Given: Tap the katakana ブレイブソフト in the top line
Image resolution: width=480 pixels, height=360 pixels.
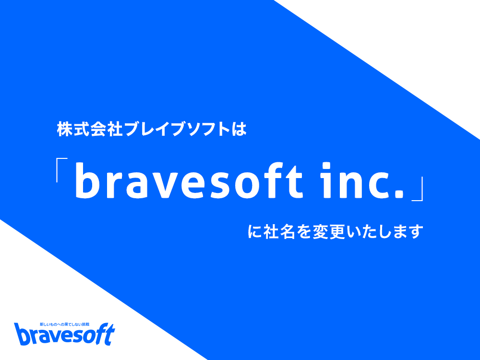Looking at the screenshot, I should pos(177,130).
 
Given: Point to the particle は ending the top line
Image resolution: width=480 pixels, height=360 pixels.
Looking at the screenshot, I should pos(239,130).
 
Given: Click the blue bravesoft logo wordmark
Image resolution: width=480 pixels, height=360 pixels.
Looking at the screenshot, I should pos(65,334).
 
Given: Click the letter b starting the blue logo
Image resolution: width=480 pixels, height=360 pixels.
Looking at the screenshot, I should pos(22,334).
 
